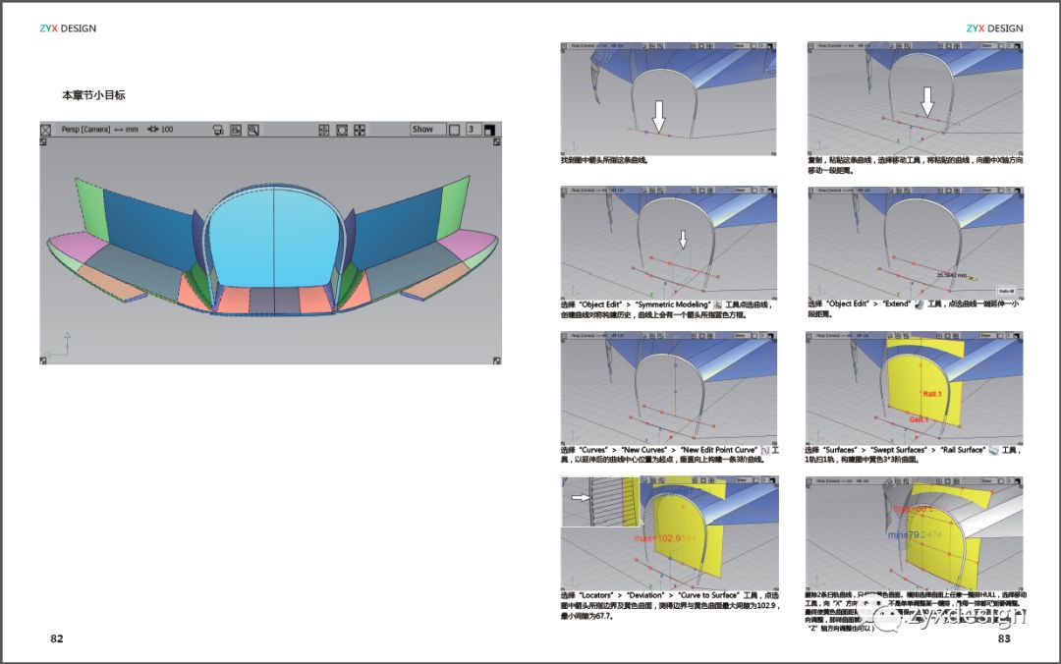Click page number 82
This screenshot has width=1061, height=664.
point(57,638)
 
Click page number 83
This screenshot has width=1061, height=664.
point(1004,638)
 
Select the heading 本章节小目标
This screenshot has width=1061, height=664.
point(93,95)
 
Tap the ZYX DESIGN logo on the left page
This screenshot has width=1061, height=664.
point(68,28)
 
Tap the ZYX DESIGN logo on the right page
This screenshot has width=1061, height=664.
point(994,28)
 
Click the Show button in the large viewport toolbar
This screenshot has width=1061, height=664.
point(422,129)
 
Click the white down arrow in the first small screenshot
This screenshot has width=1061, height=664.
point(659,115)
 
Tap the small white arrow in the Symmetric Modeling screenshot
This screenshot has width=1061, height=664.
point(684,240)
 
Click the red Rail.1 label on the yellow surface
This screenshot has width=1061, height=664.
point(933,393)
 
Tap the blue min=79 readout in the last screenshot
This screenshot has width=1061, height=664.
point(915,535)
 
